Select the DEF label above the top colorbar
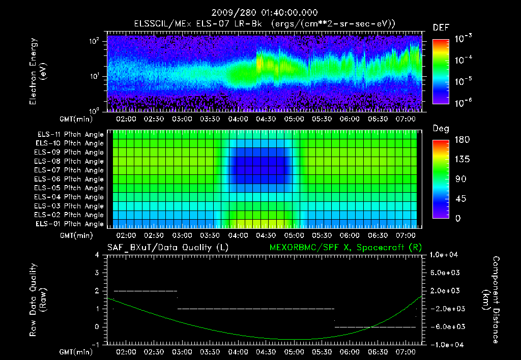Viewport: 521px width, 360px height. pos(441,28)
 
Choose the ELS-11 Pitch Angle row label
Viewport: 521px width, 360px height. pos(69,135)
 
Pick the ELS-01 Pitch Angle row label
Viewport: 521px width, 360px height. pos(69,224)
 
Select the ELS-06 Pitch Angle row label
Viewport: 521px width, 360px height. pos(69,179)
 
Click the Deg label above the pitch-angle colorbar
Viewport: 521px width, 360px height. pos(440,129)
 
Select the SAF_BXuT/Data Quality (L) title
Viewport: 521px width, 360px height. pos(167,248)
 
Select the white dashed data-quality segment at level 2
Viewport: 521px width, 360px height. pos(145,291)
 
